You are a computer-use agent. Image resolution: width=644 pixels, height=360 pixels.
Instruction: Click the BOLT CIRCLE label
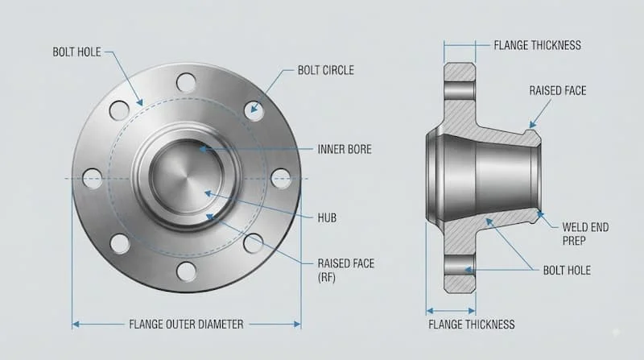click(x=326, y=70)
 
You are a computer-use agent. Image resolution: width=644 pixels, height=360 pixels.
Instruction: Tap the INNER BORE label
click(x=345, y=149)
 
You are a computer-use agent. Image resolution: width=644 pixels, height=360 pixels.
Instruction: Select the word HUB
click(x=327, y=217)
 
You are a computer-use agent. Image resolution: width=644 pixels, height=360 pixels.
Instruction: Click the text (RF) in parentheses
click(x=327, y=277)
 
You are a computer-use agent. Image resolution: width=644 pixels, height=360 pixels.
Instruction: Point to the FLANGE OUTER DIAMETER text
click(x=186, y=325)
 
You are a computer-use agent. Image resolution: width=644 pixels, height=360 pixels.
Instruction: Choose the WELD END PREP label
click(x=585, y=234)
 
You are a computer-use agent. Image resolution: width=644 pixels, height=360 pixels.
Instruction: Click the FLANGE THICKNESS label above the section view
click(x=537, y=45)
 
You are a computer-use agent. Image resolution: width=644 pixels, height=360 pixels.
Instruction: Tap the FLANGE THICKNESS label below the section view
click(x=472, y=325)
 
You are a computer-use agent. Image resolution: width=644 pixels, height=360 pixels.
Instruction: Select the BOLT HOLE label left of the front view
click(x=76, y=52)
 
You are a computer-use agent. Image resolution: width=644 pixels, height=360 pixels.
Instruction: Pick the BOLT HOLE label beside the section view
click(x=567, y=271)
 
